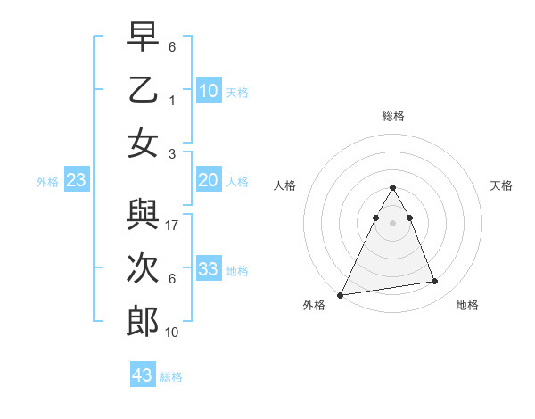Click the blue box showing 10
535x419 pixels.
pyautogui.click(x=209, y=90)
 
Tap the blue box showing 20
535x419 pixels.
pyautogui.click(x=209, y=180)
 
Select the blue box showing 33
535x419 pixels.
pyautogui.click(x=209, y=268)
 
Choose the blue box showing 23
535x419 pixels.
pyautogui.click(x=77, y=180)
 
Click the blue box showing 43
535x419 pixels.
pyautogui.click(x=143, y=375)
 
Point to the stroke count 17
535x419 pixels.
pyautogui.click(x=173, y=226)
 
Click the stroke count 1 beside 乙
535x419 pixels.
pyautogui.click(x=172, y=101)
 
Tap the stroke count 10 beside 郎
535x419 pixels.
pyautogui.click(x=173, y=333)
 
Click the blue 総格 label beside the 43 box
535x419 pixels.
pyautogui.click(x=171, y=377)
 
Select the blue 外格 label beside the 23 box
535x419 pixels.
pyautogui.click(x=47, y=182)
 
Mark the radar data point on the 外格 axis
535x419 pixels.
pyautogui.click(x=341, y=295)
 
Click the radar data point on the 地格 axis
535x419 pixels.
pyautogui.click(x=435, y=282)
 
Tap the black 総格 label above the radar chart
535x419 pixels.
pyautogui.click(x=392, y=116)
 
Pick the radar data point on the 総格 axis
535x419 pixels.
pyautogui.click(x=392, y=187)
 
